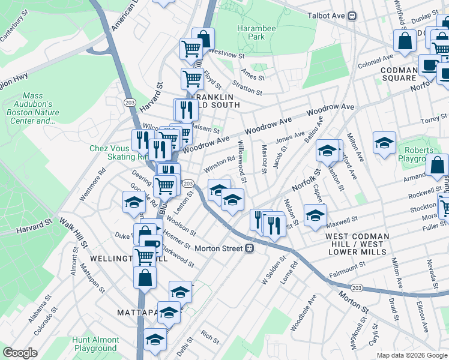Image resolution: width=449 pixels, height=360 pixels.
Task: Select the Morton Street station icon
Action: pos(249,247)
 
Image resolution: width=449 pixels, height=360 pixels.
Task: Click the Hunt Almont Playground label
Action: pos(95,344)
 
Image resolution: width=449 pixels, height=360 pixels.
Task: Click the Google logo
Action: pos(20,353)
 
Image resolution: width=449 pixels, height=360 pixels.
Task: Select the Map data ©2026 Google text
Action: pos(411,355)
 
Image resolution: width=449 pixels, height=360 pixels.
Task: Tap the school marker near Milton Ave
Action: pos(384,143)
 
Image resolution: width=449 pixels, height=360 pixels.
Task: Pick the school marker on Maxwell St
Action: pos(315,215)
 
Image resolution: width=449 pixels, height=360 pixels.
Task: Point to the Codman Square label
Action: pos(399,73)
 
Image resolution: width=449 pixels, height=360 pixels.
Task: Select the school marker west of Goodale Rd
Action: pos(134,202)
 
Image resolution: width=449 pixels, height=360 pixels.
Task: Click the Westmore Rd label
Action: pos(93,181)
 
